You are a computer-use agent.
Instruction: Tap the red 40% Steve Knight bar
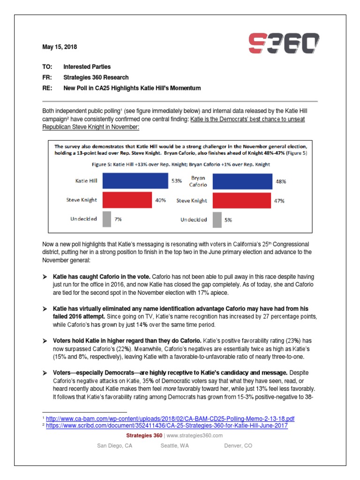(x=126, y=200)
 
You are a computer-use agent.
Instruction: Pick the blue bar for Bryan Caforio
(x=242, y=180)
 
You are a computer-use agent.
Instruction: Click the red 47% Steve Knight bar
(x=241, y=201)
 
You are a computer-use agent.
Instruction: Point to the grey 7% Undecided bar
(x=106, y=219)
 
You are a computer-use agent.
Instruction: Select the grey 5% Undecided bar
(x=217, y=219)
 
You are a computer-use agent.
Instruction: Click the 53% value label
(x=177, y=180)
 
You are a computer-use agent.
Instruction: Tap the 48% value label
(x=280, y=181)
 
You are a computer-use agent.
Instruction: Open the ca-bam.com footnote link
(x=171, y=419)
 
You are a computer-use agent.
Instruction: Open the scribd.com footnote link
(x=167, y=426)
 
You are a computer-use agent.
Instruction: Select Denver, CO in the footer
(x=238, y=446)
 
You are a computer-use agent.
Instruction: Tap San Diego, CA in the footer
(x=114, y=446)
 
